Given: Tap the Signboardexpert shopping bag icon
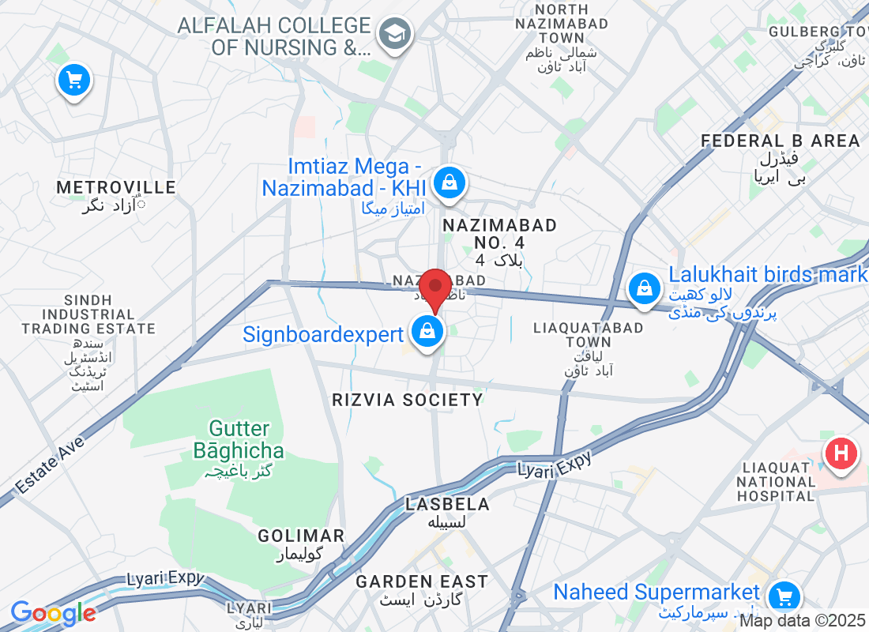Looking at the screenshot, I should pos(427,332).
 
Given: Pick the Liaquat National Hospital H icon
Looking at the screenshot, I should pos(841,454).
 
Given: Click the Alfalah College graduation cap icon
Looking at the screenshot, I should pos(392,34).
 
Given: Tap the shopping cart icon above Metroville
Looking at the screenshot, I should pos(74,80).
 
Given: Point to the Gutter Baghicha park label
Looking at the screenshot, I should pos(239,440).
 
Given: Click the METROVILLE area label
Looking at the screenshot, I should pos(116,187).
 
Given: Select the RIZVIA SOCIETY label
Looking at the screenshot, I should pos(408,400).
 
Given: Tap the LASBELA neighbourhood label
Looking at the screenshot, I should pos(447,504).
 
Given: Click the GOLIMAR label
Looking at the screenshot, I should pos(301,536).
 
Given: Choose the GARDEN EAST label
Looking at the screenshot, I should pos(422,581).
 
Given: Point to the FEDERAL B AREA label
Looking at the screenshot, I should pos(781,141).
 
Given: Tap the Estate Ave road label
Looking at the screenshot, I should pos(49,465).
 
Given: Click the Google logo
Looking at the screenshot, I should pos(53,612).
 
